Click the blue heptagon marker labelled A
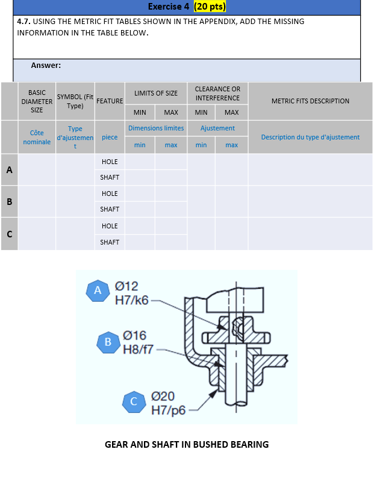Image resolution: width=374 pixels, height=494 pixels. pyautogui.click(x=98, y=290)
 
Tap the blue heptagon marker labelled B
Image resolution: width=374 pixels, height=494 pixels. pyautogui.click(x=108, y=342)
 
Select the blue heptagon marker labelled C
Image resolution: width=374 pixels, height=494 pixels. pyautogui.click(x=134, y=401)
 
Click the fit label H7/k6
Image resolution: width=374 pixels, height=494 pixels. pyautogui.click(x=132, y=300)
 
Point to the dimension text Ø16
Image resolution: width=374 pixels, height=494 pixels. pyautogui.click(x=134, y=335)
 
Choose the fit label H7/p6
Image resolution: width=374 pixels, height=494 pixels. pyautogui.click(x=168, y=410)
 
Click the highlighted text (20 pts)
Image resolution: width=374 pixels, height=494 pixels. pyautogui.click(x=210, y=7)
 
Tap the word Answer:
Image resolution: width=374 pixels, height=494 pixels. pyautogui.click(x=46, y=66)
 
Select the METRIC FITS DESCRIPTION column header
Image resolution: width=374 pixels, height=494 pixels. pyautogui.click(x=310, y=101)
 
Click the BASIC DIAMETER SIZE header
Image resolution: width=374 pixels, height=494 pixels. pyautogui.click(x=37, y=102)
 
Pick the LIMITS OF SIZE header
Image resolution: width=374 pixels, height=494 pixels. pyautogui.click(x=156, y=93)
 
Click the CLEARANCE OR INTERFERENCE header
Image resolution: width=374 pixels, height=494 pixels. pyautogui.click(x=217, y=94)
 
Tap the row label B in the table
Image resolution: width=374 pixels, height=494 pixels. pyautogui.click(x=10, y=202)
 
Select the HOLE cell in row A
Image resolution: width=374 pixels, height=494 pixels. pyautogui.click(x=110, y=162)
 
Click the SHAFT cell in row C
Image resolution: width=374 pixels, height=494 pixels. pyautogui.click(x=110, y=242)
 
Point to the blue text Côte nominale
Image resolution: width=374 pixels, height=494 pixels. pyautogui.click(x=37, y=138)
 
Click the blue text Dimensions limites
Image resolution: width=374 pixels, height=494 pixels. pyautogui.click(x=156, y=128)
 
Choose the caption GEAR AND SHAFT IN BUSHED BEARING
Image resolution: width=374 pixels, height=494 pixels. pyautogui.click(x=187, y=445)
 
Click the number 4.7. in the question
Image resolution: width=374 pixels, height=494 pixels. pyautogui.click(x=23, y=22)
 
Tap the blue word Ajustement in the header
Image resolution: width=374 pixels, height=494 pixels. pyautogui.click(x=217, y=128)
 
